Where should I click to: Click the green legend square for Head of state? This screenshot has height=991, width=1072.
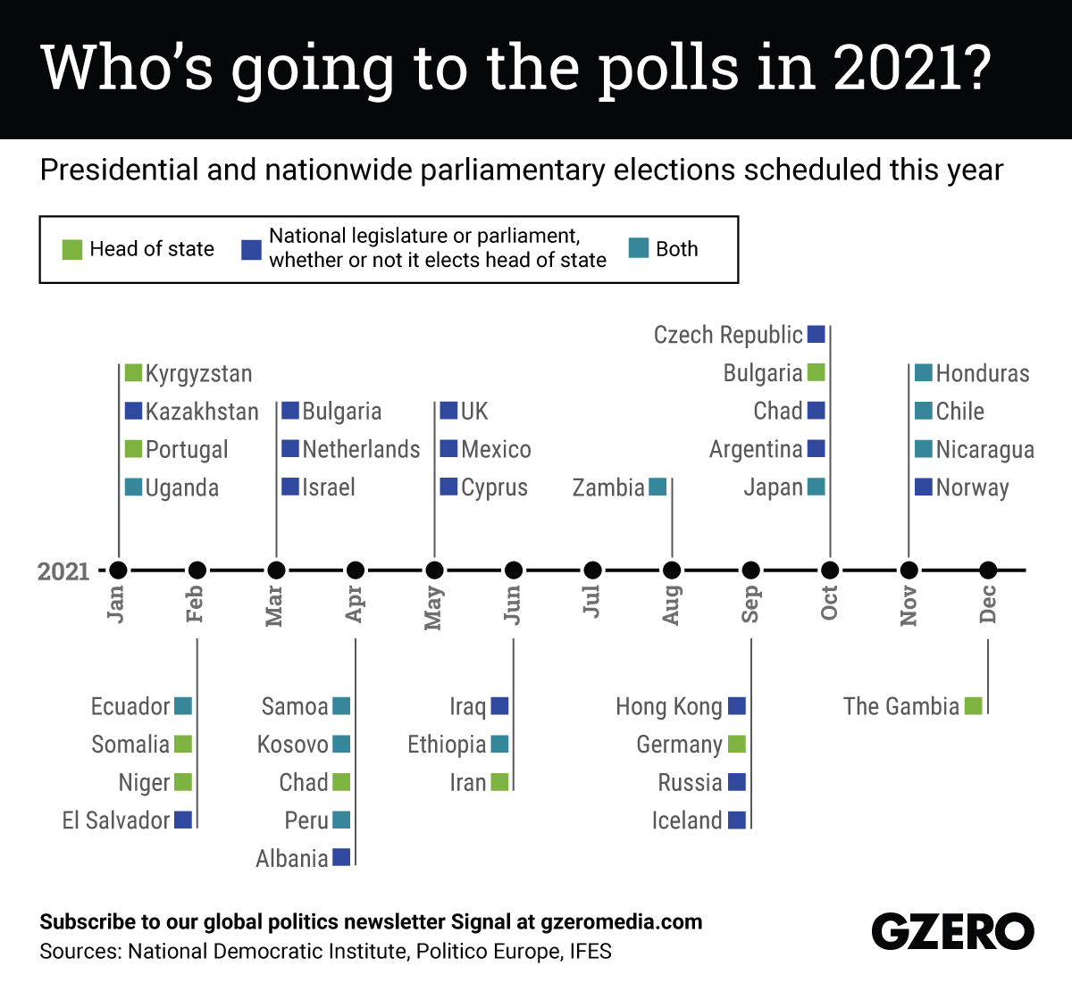pos(72,249)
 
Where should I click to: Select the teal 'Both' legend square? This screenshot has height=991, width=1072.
pos(638,248)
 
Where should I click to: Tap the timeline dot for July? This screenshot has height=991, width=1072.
pos(592,570)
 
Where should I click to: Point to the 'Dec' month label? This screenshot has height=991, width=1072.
pos(988,605)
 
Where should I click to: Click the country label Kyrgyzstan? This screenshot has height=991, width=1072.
pos(198,373)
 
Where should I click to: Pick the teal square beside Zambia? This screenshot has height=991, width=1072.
pos(657,487)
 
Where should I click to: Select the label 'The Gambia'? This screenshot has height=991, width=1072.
pos(900,706)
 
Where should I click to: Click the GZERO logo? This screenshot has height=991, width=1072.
pos(952,932)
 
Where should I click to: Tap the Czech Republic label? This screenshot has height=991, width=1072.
pos(728,335)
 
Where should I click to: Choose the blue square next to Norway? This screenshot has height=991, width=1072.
pos(924,487)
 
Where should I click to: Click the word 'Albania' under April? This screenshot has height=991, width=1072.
pos(292,859)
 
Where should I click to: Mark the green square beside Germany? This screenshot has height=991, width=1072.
pos(737,744)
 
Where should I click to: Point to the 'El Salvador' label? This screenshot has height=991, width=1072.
pos(116,820)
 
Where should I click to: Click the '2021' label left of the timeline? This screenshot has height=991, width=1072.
pos(63,570)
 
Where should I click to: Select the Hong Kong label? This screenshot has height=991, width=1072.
pos(669,706)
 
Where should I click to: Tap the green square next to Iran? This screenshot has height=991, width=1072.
pos(499,782)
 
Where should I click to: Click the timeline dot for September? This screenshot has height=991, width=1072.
pos(751,570)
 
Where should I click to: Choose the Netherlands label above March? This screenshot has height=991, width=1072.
pos(361,449)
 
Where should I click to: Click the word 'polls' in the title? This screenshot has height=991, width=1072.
pos(669,68)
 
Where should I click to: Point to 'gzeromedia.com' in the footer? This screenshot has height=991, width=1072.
pos(622,922)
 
